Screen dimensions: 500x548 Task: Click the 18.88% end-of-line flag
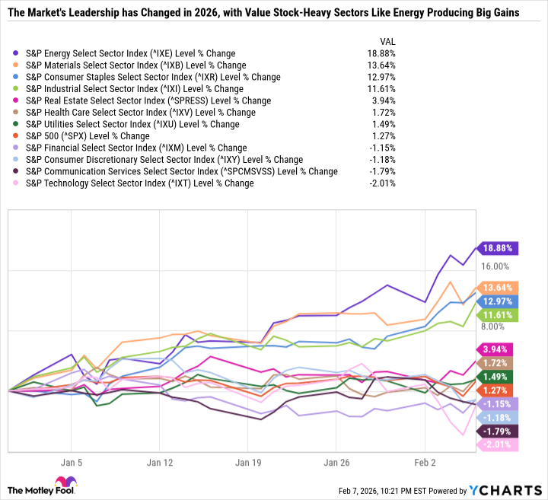495,248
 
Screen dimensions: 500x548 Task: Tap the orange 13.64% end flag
495,288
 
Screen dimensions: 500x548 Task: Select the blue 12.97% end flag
495,301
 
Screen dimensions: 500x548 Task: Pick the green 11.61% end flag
495,314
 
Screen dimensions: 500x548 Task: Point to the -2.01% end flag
495,445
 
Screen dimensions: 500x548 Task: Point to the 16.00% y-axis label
494,266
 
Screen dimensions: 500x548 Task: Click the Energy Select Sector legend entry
130,53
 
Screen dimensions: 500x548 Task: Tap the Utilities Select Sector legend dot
17,124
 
